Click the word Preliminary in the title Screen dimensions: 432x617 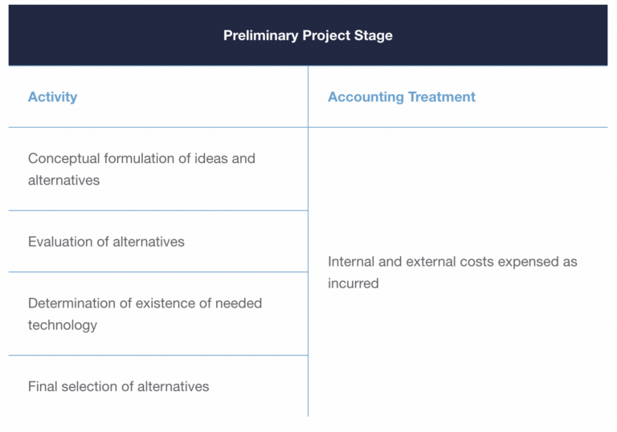point(259,35)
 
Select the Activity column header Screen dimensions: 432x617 point(52,97)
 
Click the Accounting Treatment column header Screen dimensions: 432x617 point(401,97)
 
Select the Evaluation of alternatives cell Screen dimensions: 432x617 point(106,242)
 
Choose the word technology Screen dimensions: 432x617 point(63,325)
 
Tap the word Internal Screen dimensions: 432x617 point(353,262)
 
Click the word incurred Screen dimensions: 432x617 point(353,283)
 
